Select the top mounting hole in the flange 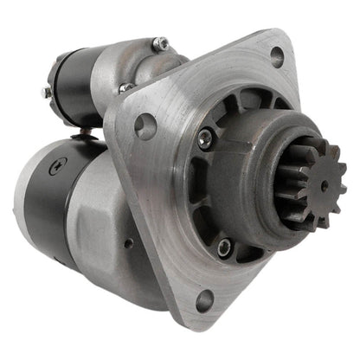276,55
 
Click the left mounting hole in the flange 145,127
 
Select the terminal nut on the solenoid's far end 44,91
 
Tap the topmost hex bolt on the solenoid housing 159,43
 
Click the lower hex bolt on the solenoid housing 126,87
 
